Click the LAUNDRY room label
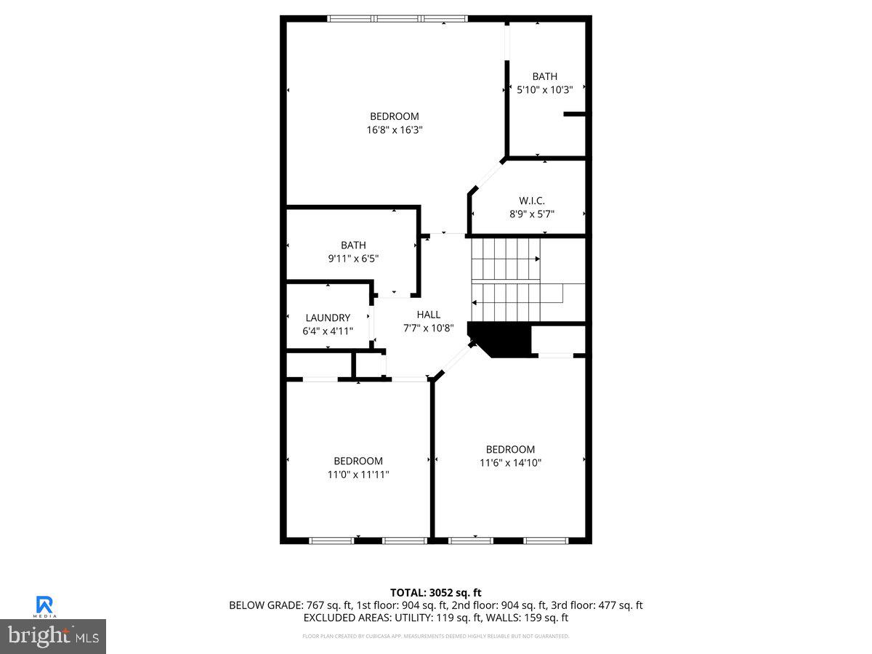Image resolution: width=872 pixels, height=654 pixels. click(328, 318)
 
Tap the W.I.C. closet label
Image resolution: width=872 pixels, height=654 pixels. click(532, 201)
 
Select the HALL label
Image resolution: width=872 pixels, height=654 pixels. click(429, 315)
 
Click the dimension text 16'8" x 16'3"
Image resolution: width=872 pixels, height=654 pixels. click(395, 130)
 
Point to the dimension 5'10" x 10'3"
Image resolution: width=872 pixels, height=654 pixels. click(545, 90)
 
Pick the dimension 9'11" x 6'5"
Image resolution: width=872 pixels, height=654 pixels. click(353, 259)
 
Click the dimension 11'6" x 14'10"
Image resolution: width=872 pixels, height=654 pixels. click(510, 463)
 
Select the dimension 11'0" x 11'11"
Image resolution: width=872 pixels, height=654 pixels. click(358, 475)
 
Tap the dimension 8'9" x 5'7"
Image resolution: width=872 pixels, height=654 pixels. click(532, 214)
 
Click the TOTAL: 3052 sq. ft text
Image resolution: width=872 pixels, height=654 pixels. click(435, 593)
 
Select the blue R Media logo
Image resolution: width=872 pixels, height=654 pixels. click(44, 605)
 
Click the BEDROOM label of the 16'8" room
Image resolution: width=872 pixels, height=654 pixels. click(395, 116)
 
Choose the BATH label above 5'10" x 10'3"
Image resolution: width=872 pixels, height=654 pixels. click(545, 76)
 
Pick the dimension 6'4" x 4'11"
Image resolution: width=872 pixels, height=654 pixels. click(328, 331)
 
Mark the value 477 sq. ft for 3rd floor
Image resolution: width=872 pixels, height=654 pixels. click(620, 605)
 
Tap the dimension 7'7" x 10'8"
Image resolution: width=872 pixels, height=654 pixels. click(429, 328)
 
